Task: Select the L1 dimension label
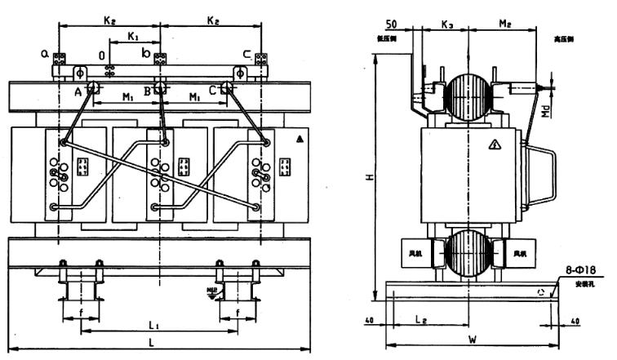pyautogui.click(x=152, y=326)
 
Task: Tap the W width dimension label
pyautogui.click(x=473, y=339)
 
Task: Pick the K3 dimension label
pyautogui.click(x=447, y=25)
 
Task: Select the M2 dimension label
pyautogui.click(x=505, y=25)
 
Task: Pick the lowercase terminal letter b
pyautogui.click(x=145, y=54)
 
